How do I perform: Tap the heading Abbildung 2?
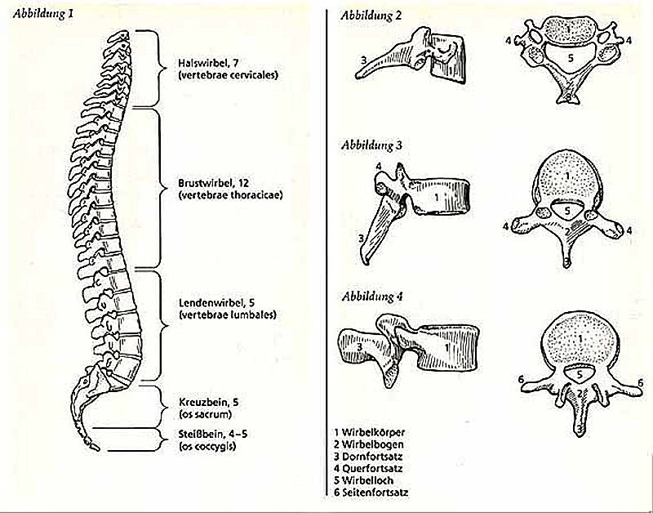366,15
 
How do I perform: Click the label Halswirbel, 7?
207,63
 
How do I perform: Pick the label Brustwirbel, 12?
210,182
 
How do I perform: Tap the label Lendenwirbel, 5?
211,303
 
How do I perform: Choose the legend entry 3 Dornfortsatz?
373,457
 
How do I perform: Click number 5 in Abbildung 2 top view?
571,60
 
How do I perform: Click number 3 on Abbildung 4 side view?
358,346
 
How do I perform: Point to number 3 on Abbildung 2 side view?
362,58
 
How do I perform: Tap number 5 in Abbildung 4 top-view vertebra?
578,374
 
